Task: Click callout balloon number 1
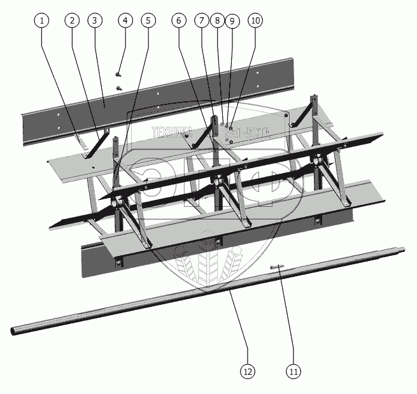click(42, 20)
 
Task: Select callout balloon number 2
click(73, 20)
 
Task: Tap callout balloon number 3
click(94, 20)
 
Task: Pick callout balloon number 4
click(125, 20)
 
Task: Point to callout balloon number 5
click(149, 20)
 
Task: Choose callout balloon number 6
click(179, 20)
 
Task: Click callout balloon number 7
click(202, 20)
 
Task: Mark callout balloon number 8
click(218, 20)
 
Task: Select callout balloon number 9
click(232, 20)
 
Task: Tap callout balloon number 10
click(255, 20)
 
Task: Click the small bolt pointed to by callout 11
click(279, 268)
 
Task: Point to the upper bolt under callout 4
click(119, 74)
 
